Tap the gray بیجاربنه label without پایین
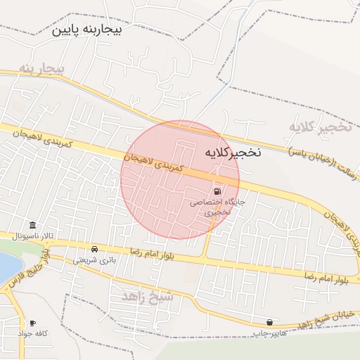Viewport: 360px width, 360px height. pos(42,69)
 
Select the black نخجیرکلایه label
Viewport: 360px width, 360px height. pos(232,152)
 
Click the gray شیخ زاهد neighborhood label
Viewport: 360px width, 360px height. pos(148,295)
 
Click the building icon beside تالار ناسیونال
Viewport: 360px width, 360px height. pos(33,224)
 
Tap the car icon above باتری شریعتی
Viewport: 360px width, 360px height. pos(95,249)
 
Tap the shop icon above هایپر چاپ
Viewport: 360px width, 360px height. pos(269,321)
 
